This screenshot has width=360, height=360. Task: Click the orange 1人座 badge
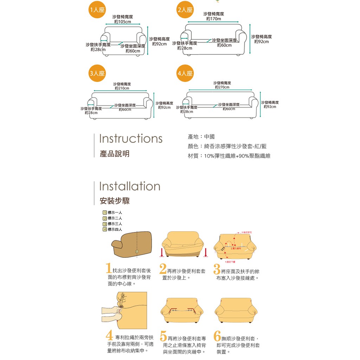click(x=96, y=10)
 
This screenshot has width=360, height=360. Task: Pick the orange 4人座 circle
click(x=185, y=73)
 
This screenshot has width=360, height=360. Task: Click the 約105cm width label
click(x=122, y=22)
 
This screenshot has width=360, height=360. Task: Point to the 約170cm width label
click(x=213, y=19)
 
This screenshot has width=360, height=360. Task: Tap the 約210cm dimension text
click(x=122, y=88)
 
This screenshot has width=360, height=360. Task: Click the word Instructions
click(x=131, y=139)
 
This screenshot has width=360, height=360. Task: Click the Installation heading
click(x=130, y=186)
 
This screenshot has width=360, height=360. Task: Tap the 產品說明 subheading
click(x=115, y=154)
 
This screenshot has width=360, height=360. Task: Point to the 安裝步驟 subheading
click(x=115, y=201)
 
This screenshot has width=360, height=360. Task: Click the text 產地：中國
click(x=201, y=137)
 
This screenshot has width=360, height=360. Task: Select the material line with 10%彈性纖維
click(x=229, y=156)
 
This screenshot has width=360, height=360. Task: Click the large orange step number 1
click(x=109, y=269)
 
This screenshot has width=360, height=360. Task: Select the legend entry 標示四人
click(x=112, y=230)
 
